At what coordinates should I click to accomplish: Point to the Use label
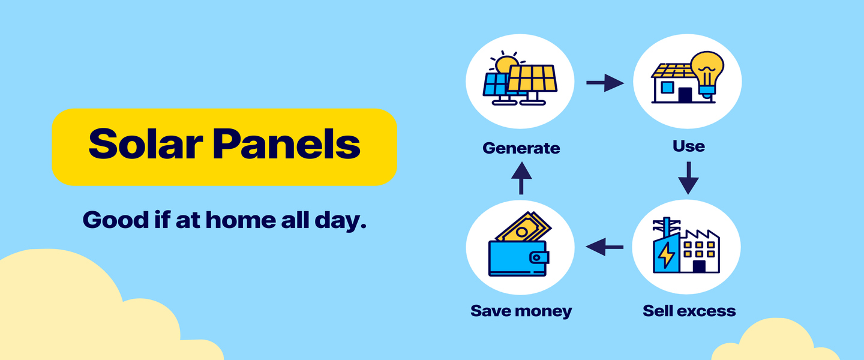(x=689, y=146)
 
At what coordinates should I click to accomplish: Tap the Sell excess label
(x=689, y=311)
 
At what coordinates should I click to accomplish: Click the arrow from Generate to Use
(x=605, y=83)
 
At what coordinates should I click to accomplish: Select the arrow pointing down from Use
(x=689, y=178)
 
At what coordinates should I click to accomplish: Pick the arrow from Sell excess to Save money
(x=604, y=247)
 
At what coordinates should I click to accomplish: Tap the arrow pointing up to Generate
(x=521, y=178)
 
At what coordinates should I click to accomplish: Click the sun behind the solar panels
(x=506, y=63)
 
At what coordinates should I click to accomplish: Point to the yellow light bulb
(x=707, y=73)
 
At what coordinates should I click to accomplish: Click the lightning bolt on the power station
(x=666, y=256)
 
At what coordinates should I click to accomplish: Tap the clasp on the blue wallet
(x=539, y=257)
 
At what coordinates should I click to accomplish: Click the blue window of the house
(x=667, y=87)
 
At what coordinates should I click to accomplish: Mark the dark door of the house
(x=685, y=95)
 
